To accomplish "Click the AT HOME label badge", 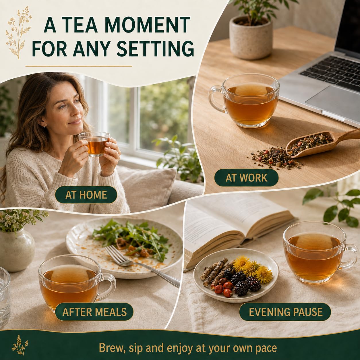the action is coord(86,195).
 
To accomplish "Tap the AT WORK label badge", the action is coord(246,177).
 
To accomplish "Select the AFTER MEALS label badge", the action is coord(94,312).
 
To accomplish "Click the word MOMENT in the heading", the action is coord(146,25).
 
